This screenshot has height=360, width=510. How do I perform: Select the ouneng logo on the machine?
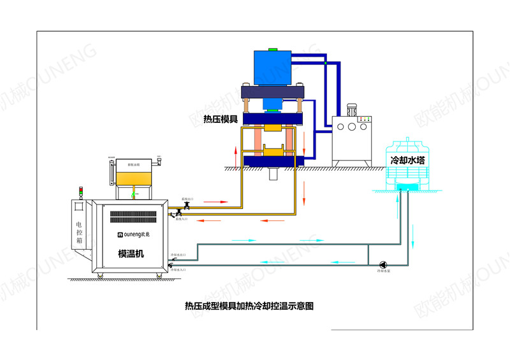click(x=131, y=234)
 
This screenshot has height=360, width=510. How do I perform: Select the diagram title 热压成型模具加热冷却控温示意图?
click(x=249, y=306)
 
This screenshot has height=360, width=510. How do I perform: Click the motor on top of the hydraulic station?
click(x=353, y=110)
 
